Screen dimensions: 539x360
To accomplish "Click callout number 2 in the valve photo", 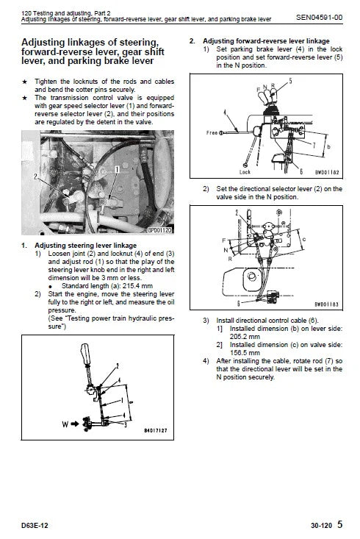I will tap(35, 177).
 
